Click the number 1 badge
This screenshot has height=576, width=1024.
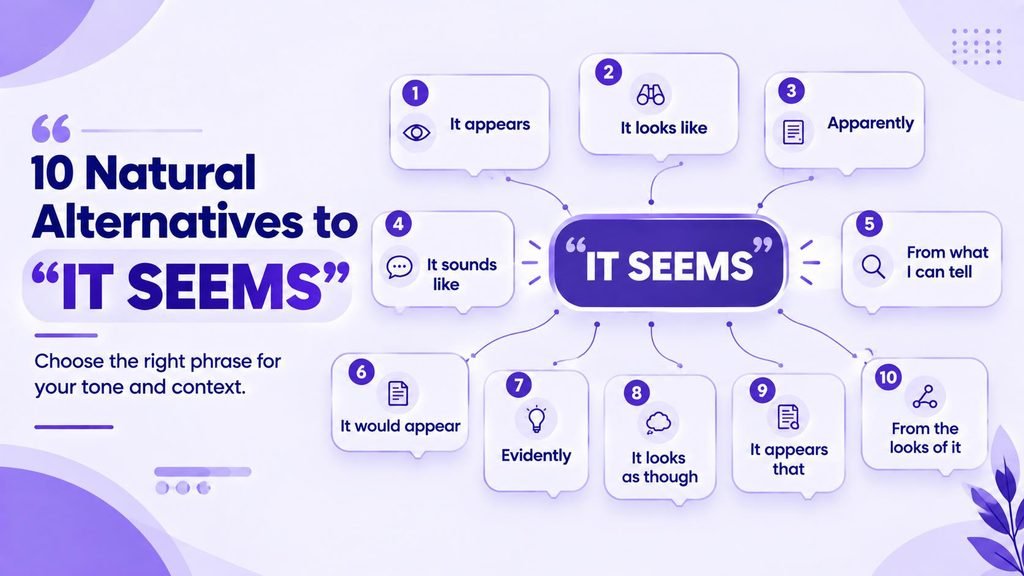tap(415, 93)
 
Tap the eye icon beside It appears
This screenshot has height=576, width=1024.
tap(416, 133)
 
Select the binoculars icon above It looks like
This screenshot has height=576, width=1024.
tap(650, 95)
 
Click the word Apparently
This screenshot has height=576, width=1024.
tap(871, 123)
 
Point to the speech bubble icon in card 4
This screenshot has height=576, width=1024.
tap(399, 266)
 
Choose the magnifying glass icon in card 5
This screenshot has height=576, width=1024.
tap(873, 266)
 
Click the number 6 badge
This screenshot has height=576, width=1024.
tap(361, 372)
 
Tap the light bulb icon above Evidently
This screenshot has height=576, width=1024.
tap(536, 419)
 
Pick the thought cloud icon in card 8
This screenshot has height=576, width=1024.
tap(658, 423)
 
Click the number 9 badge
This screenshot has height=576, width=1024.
tap(762, 390)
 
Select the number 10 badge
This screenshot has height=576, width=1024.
tap(888, 377)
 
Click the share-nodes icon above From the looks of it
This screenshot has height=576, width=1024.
tap(925, 396)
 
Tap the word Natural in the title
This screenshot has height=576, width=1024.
tap(170, 173)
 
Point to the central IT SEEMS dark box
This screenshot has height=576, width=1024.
tap(669, 263)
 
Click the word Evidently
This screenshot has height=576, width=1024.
tap(536, 455)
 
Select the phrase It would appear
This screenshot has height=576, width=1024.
tap(400, 426)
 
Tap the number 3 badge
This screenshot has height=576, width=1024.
tap(791, 90)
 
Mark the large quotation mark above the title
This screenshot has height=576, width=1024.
tap(51, 129)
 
